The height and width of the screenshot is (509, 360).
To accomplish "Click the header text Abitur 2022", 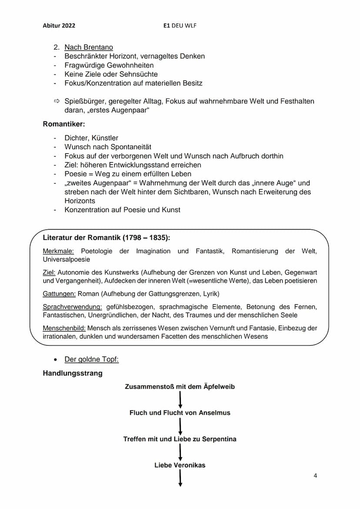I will (x=59, y=26).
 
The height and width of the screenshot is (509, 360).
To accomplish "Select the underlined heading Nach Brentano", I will (x=89, y=47).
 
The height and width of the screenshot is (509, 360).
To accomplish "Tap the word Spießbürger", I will (x=84, y=101).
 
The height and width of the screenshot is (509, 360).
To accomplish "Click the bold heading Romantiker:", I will (x=63, y=124).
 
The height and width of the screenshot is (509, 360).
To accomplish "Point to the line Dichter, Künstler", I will (x=91, y=138).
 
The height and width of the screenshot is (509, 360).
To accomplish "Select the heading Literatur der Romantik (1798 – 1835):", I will (x=107, y=238).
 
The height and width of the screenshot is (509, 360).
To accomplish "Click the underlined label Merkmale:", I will (x=58, y=251).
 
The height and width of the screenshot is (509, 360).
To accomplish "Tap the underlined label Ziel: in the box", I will (x=49, y=273).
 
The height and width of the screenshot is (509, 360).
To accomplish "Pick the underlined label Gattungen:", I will (x=59, y=294).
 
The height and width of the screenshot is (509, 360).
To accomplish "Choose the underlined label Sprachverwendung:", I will (x=72, y=307).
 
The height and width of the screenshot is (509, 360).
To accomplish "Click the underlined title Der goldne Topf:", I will (x=91, y=359).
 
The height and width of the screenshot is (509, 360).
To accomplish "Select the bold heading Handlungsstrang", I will (x=73, y=373).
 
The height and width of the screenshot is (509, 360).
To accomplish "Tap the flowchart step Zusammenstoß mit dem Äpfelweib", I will (x=180, y=386).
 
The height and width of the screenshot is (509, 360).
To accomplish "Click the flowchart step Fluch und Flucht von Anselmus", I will (x=180, y=413).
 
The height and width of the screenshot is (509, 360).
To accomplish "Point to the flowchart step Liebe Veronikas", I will (x=180, y=465).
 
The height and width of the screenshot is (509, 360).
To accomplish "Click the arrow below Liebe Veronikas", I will (x=180, y=478).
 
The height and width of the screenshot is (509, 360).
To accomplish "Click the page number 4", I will (x=315, y=476).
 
